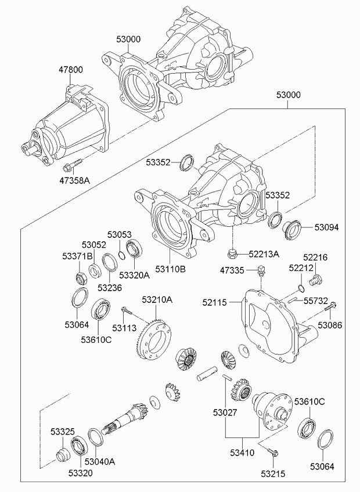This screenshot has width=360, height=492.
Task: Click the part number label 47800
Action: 70,70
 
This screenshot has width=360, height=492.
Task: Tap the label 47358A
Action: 75,180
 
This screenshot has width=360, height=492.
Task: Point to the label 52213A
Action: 264,254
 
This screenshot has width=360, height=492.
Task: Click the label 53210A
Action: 157,299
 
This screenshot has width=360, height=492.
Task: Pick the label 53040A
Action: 100,462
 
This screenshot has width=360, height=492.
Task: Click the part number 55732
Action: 316,301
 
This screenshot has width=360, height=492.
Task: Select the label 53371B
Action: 78,256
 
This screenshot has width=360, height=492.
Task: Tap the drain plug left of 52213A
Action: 233,253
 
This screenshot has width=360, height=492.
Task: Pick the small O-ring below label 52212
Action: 300,288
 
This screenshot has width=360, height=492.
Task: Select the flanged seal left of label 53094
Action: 291,226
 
